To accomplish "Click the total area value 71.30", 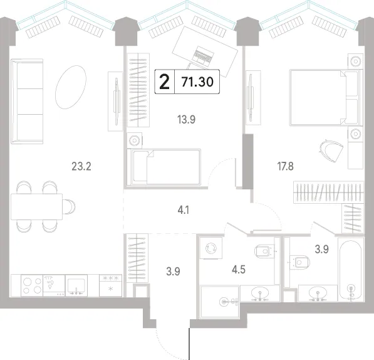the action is tap(197, 82).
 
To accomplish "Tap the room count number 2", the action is tap(164, 82).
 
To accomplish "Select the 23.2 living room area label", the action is tap(81, 166).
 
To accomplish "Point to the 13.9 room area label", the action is tap(186, 119).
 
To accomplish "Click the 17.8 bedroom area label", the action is tap(285, 166).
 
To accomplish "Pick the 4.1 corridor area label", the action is tap(184, 210).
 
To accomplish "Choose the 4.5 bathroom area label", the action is tap(239, 270).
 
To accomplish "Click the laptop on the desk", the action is tap(202, 55).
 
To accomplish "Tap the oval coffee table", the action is tap(71, 87).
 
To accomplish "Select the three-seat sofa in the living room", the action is tap(27, 102).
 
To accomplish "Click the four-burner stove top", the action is tap(32, 286).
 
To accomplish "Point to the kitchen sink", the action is tap(76, 286).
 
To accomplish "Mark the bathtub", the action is tap(351, 269).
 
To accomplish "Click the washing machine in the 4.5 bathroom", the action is tap(211, 248).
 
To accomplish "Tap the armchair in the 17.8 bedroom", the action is tap(331, 151).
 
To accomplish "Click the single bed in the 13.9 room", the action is tap(164, 167).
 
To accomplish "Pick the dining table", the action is tap(36, 207).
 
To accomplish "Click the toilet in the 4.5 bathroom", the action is tap(264, 251).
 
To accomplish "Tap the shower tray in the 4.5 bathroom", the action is tap(220, 302).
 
